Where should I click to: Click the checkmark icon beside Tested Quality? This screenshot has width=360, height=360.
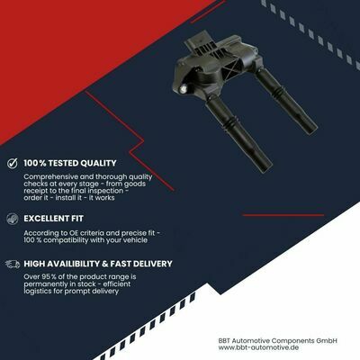pos(13,163)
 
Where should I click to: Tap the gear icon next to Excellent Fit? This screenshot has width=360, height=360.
pos(13,219)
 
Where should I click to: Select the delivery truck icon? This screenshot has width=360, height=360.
pos(13,264)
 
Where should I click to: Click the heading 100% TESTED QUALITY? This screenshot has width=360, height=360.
pos(70,163)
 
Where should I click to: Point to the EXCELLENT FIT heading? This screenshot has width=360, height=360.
pos(53,219)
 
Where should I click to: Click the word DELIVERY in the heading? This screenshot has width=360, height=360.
pos(153,264)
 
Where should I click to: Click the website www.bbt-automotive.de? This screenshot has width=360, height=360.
pos(258,347)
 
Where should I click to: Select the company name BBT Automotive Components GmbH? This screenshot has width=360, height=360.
pos(278,340)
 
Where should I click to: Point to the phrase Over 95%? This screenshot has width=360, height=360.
pos(40,276)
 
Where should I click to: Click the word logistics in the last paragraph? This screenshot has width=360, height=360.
pos(38,292)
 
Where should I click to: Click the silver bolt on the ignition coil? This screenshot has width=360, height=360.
pos(184,88)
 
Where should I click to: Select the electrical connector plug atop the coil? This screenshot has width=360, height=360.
pos(196,43)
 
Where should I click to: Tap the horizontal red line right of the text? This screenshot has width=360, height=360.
pos(283,215)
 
